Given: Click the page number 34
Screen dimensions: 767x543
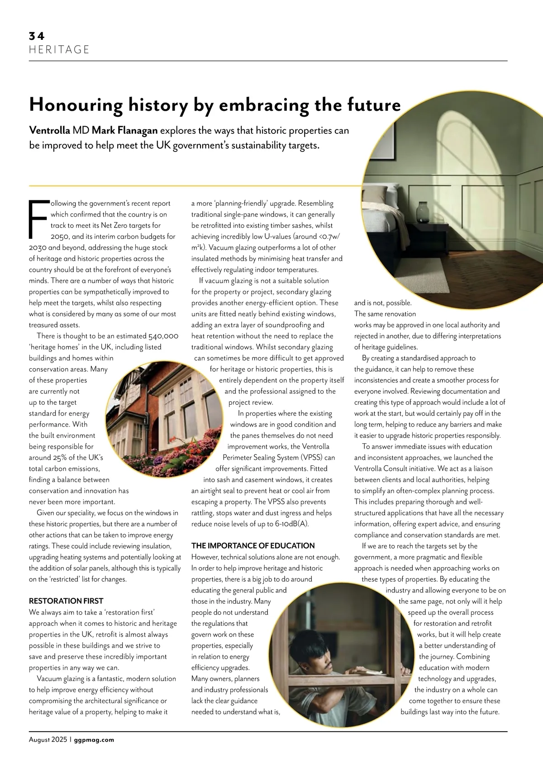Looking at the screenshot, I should [37, 36].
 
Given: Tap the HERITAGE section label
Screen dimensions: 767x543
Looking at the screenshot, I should [59, 49].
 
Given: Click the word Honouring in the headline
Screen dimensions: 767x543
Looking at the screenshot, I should [76, 105].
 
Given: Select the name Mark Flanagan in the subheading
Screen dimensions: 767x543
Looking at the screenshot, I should [124, 131].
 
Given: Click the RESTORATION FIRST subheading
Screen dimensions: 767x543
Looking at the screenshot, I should [66, 601].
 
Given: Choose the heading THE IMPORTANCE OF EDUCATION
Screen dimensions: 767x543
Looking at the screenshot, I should [253, 546].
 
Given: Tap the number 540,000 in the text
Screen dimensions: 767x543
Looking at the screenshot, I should [163, 336].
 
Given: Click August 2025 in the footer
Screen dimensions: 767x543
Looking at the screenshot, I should [48, 740].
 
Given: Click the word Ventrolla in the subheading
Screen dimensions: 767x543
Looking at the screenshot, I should [49, 131].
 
